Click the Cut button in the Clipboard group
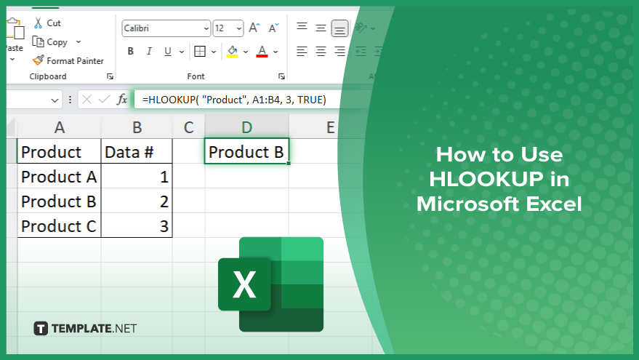pyautogui.click(x=47, y=23)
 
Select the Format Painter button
pyautogui.click(x=68, y=61)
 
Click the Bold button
pyautogui.click(x=130, y=52)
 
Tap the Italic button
pyautogui.click(x=149, y=52)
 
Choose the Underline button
pyautogui.click(x=167, y=52)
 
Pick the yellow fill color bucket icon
pyautogui.click(x=233, y=52)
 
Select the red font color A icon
pyautogui.click(x=262, y=52)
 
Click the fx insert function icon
pyautogui.click(x=122, y=100)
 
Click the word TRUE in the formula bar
pyautogui.click(x=310, y=100)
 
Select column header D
pyautogui.click(x=246, y=127)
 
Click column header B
pyautogui.click(x=137, y=127)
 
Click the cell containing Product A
pyautogui.click(x=59, y=177)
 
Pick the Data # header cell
pyautogui.click(x=137, y=152)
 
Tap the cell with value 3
pyautogui.click(x=137, y=226)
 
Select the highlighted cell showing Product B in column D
pyautogui.click(x=246, y=152)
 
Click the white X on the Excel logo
pyautogui.click(x=244, y=284)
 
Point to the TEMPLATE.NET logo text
pyautogui.click(x=94, y=328)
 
